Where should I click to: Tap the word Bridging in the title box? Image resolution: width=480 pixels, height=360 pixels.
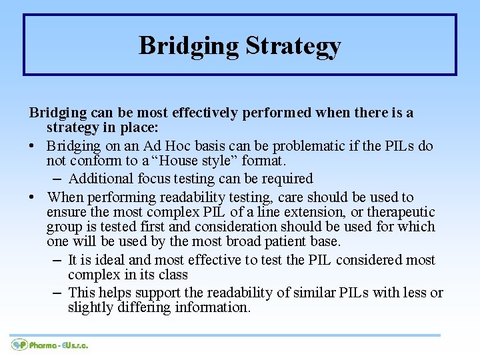189,46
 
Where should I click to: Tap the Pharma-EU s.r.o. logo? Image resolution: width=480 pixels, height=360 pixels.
50,345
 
